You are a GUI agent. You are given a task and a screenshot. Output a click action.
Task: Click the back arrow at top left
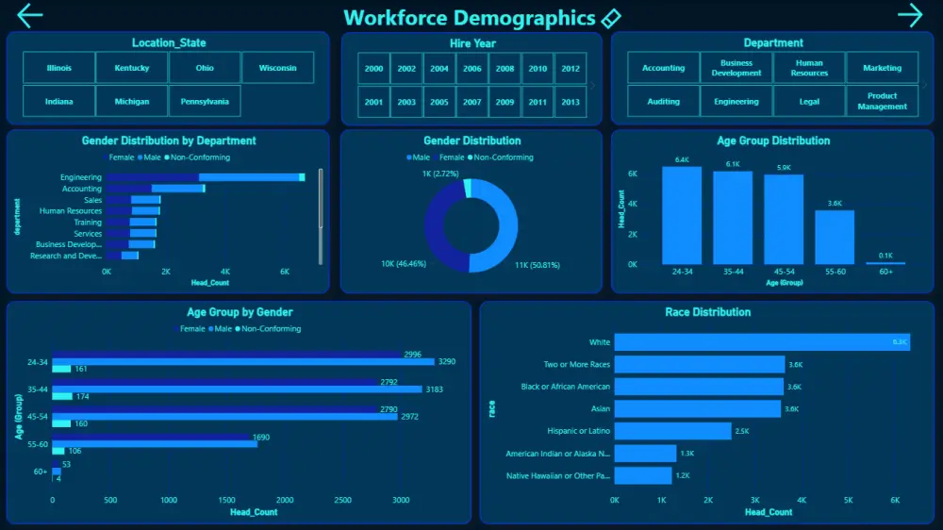point(30,15)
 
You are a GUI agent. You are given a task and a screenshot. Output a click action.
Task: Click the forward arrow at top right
point(910,15)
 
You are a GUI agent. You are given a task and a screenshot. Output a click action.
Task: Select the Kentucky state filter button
point(132,68)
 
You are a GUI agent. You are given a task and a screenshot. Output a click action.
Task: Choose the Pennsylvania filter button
point(205,101)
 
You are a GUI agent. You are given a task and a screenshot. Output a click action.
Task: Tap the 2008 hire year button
point(505,69)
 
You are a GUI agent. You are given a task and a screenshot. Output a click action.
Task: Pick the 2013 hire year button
point(570,102)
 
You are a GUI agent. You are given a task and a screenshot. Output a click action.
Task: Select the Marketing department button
point(882,68)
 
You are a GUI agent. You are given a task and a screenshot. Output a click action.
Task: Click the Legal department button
point(809,101)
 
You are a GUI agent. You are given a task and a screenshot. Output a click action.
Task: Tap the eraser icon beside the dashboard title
point(611,18)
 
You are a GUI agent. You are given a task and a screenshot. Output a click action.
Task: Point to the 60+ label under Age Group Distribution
point(885,272)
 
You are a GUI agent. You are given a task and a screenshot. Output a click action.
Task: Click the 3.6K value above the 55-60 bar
point(835,203)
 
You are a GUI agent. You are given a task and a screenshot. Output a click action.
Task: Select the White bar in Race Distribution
point(762,342)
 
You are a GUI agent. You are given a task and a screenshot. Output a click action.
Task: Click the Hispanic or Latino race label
point(578,431)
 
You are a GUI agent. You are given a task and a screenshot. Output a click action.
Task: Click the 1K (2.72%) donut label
point(440,174)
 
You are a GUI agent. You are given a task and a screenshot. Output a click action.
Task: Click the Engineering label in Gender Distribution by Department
point(81,177)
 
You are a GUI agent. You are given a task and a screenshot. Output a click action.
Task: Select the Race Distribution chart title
point(707,312)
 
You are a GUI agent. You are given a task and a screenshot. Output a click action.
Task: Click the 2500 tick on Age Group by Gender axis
point(343,501)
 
